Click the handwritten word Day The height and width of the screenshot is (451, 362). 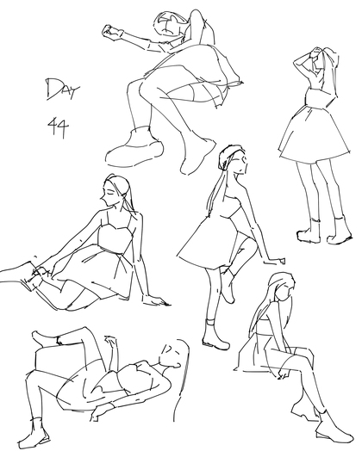pos(62,89)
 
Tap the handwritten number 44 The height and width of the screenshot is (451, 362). pos(59,127)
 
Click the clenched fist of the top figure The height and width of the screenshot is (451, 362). pos(111,32)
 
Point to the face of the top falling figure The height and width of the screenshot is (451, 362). pos(168,24)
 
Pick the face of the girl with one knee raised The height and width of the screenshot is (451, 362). pos(240,163)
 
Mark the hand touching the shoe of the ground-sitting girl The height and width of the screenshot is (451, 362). pos(41,272)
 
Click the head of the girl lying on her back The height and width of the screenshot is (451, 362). pos(172,355)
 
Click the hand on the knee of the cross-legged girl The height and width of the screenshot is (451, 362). pos(284,374)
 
